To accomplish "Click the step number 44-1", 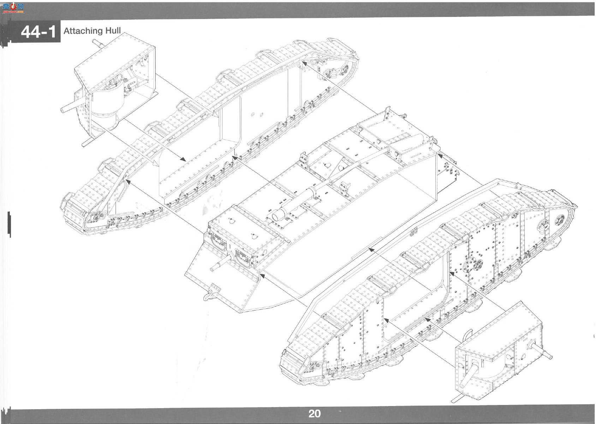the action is point(38,32).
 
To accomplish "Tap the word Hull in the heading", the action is point(113,31).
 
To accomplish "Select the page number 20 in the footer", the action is point(315,414).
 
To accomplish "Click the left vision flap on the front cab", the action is point(219,242).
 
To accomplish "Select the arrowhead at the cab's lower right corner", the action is point(262,276).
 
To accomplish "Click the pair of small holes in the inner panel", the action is point(257,115).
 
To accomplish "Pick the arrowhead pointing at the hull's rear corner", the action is point(440,155).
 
